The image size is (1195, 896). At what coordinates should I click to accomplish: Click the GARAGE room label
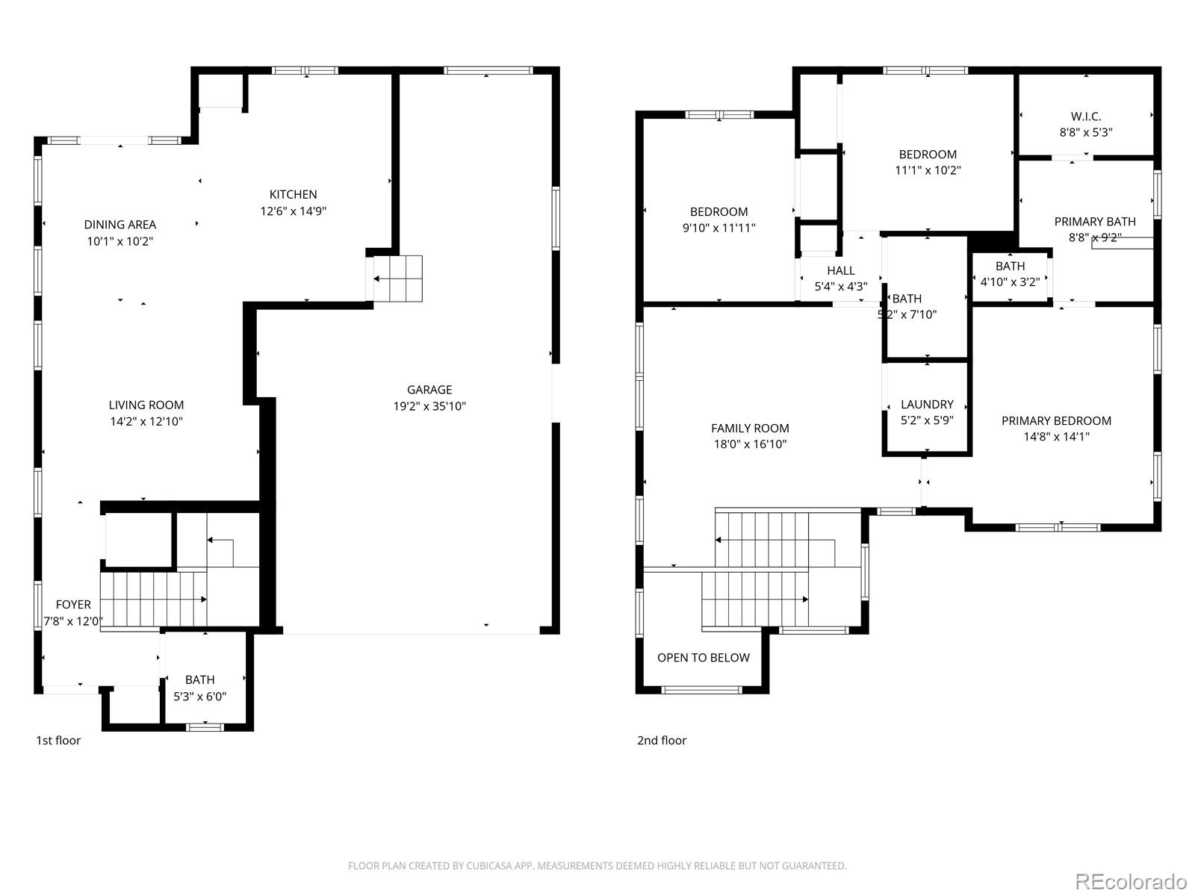429,390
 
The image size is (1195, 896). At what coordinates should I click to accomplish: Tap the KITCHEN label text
293,194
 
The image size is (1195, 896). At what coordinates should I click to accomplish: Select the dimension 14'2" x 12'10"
146,421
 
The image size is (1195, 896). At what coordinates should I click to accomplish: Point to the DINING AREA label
120,224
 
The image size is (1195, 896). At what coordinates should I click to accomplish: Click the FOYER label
73,604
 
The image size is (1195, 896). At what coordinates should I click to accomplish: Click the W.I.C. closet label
1085,116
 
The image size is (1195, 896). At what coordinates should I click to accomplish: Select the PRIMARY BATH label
1094,221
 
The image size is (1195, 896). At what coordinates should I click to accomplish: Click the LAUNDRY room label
927,404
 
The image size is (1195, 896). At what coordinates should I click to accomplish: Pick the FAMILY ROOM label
750,428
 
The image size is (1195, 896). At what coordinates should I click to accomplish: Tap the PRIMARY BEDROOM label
1056,420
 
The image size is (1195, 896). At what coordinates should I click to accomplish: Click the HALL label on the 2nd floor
840,270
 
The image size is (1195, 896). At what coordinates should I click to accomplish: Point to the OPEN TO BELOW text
703,657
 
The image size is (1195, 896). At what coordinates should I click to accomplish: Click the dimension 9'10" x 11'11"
718,228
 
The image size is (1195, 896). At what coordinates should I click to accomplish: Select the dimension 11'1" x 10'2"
928,170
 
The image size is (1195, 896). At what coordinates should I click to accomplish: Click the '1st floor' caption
58,740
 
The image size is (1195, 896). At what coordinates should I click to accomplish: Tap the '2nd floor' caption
661,740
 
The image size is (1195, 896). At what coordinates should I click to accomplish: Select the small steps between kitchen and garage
397,279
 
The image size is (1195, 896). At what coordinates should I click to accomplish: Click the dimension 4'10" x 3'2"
1010,281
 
